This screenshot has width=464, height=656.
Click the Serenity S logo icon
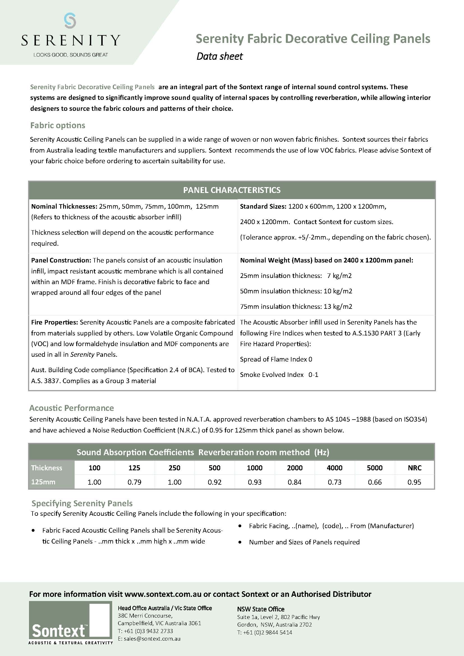(x=70, y=20)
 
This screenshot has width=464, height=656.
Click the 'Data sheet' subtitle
(x=219, y=56)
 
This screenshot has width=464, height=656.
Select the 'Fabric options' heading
(x=58, y=125)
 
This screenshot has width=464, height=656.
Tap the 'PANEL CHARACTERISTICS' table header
(x=232, y=190)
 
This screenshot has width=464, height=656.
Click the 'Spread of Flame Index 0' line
(x=276, y=359)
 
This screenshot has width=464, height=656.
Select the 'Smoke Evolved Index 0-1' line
(x=279, y=375)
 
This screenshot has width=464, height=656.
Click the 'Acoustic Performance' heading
(x=72, y=408)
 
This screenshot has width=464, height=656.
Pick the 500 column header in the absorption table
(x=214, y=468)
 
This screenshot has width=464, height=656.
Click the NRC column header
(x=415, y=468)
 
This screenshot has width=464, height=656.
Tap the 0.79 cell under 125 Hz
(x=134, y=482)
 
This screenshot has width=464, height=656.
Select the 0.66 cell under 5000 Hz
(x=375, y=482)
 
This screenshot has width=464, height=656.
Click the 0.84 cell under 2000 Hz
(x=295, y=482)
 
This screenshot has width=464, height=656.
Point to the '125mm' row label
(x=43, y=482)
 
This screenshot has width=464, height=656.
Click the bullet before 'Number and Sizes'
(x=240, y=542)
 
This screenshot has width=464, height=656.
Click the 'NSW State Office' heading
(x=261, y=609)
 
